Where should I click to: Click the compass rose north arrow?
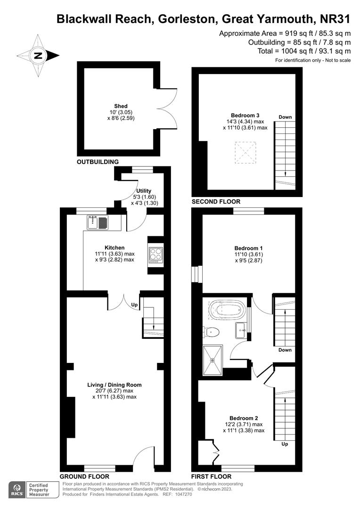point(39,55)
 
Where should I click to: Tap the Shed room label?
point(121,106)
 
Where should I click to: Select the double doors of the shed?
point(167,108)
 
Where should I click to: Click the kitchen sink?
point(98,222)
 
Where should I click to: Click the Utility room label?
point(144,190)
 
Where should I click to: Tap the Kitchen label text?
point(115,247)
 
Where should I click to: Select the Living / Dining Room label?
point(115,385)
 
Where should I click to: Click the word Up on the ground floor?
point(134,305)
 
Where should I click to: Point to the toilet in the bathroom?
point(212,332)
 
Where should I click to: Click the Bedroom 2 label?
point(244,418)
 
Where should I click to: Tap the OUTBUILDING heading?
point(98,162)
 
